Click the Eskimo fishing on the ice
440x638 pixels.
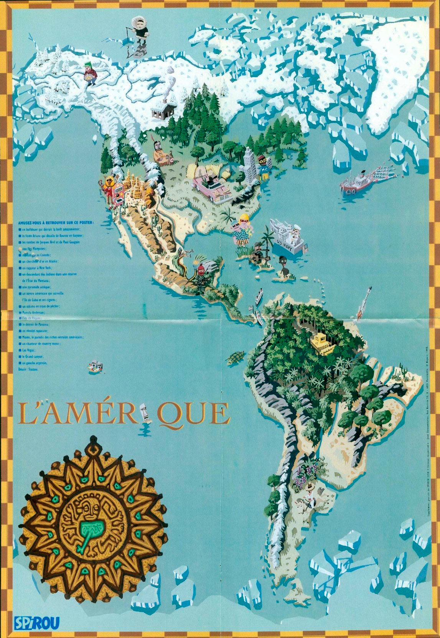click(137, 32)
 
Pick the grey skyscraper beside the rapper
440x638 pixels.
click(250, 165)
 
